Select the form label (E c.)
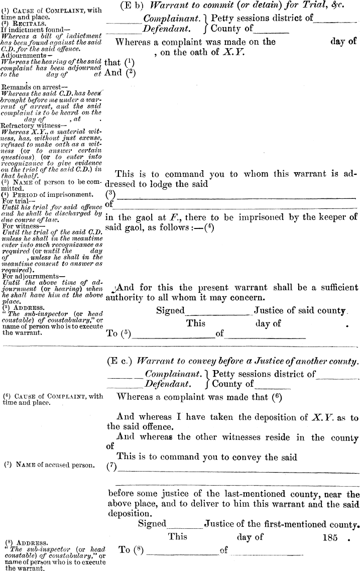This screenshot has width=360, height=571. pyautogui.click(x=119, y=361)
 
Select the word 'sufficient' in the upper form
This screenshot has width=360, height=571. pyautogui.click(x=337, y=288)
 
